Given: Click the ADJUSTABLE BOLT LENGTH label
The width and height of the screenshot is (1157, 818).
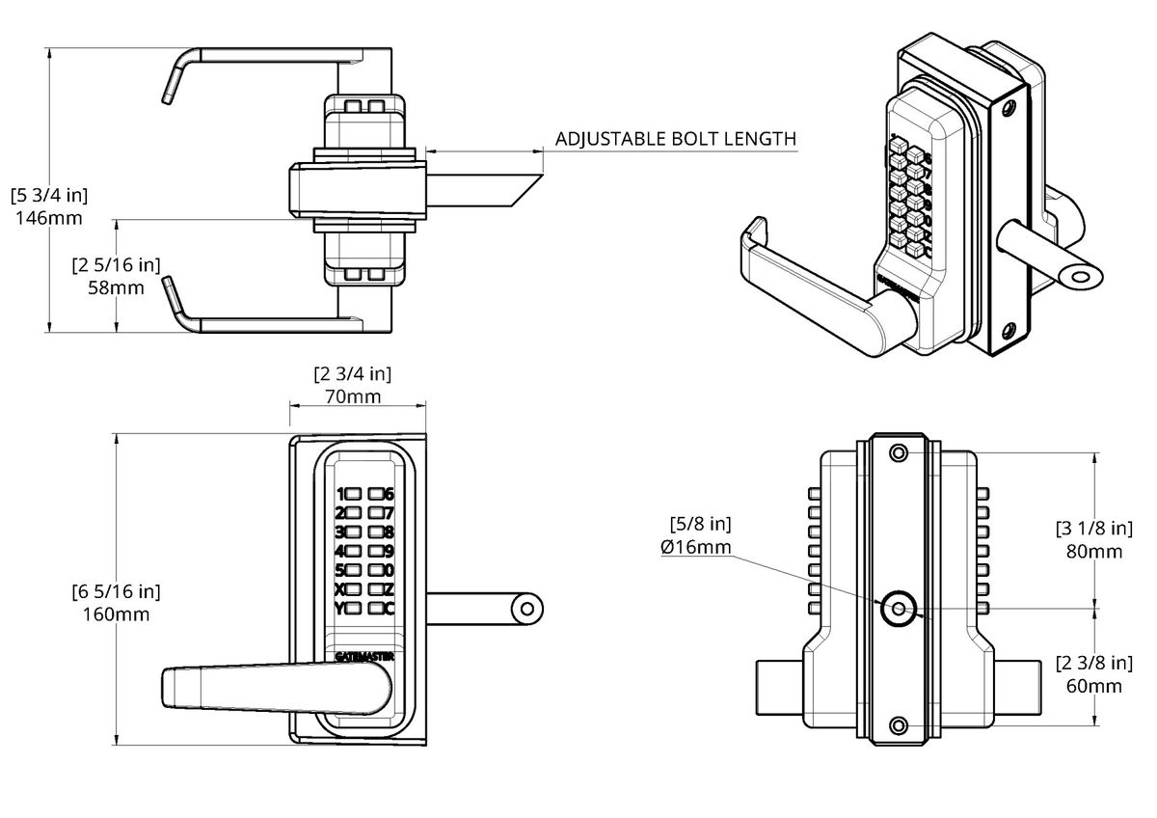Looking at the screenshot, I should pyautogui.click(x=676, y=139).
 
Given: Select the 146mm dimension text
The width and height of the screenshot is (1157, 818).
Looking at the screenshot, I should pyautogui.click(x=49, y=218).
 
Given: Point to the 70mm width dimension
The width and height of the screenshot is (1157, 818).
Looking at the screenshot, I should pyautogui.click(x=352, y=396).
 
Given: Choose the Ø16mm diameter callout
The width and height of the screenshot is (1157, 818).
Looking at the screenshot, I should pyautogui.click(x=696, y=548).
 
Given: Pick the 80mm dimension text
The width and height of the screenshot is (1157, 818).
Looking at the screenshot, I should pyautogui.click(x=1094, y=552).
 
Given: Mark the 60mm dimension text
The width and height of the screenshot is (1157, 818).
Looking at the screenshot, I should pyautogui.click(x=1094, y=686).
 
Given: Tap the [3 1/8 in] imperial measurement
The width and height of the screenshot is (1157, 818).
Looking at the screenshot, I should pyautogui.click(x=1094, y=528).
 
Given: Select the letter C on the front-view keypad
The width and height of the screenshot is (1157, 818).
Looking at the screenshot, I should pyautogui.click(x=390, y=609).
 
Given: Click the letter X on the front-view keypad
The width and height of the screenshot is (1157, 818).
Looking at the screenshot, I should pyautogui.click(x=339, y=589).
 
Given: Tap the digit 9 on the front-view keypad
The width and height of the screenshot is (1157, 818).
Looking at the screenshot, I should pyautogui.click(x=390, y=552).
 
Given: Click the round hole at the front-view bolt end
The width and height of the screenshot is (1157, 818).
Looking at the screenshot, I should pyautogui.click(x=526, y=609).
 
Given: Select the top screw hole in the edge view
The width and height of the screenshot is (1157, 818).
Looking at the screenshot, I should pyautogui.click(x=899, y=452).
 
